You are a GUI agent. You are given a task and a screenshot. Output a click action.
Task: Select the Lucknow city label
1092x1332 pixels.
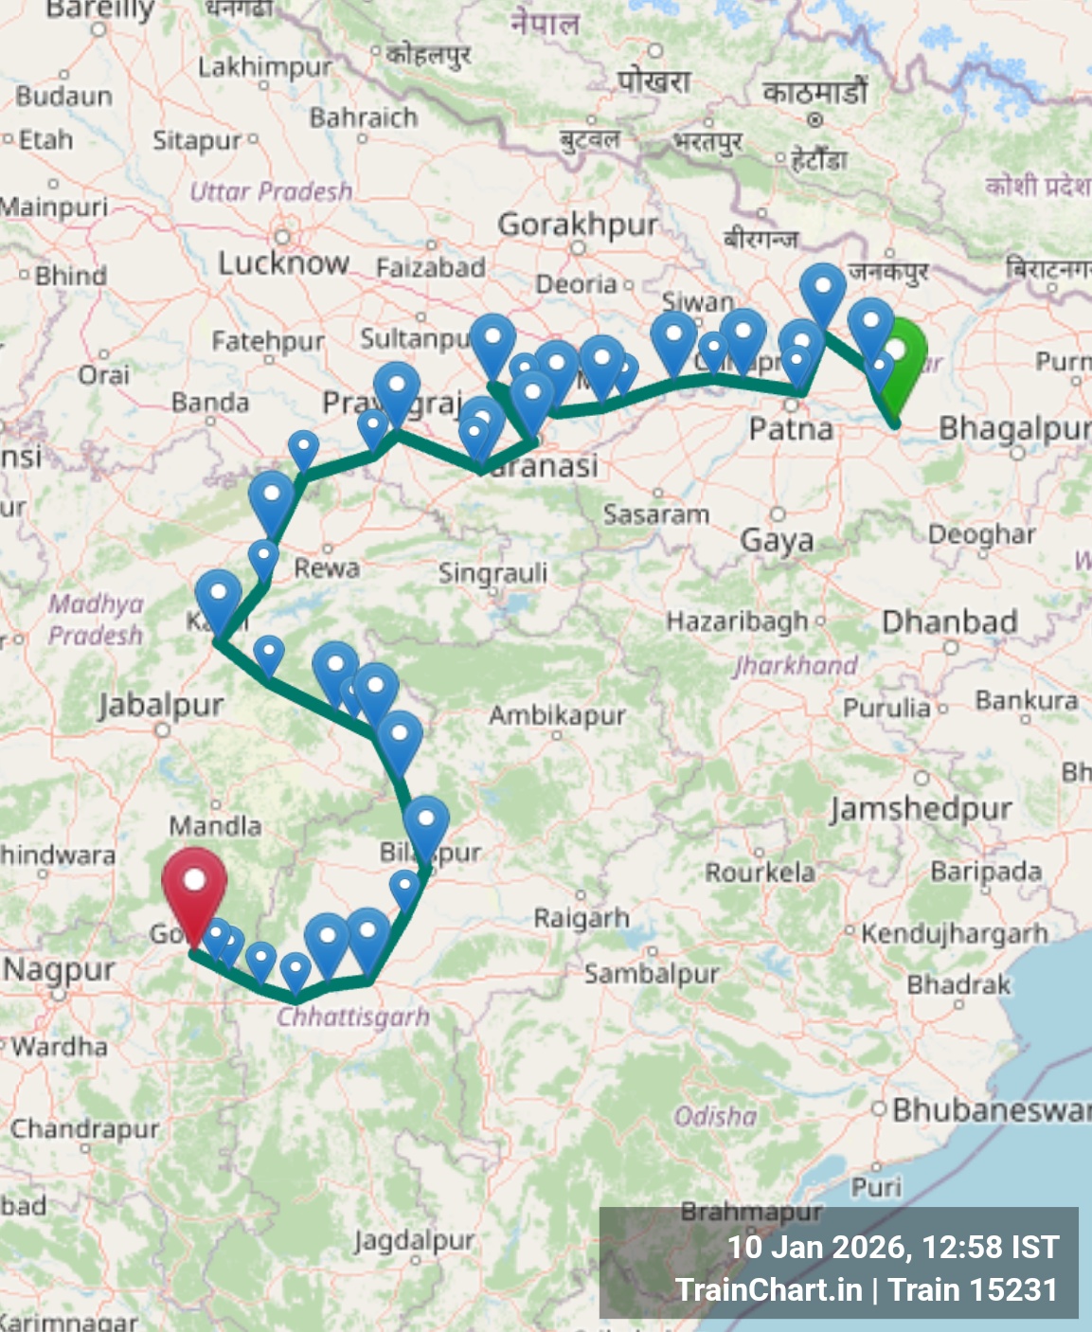tap(283, 262)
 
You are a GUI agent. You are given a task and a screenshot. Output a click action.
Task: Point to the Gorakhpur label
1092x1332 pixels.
tap(578, 225)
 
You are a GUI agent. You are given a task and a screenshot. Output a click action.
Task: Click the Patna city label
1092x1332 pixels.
tap(791, 429)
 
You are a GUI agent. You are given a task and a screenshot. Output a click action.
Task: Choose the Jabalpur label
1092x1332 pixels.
tap(161, 705)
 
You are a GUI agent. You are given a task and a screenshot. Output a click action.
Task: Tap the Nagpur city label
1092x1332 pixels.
tap(59, 970)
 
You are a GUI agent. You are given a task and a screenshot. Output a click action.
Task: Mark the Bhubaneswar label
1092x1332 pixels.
tap(991, 1109)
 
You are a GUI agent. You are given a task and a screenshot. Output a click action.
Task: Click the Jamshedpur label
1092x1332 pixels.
tap(921, 809)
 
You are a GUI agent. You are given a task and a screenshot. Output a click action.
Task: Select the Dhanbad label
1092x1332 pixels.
tap(949, 621)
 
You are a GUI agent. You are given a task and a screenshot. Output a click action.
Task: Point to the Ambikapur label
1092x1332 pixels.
tap(557, 715)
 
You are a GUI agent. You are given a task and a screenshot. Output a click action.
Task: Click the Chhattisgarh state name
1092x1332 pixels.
tap(352, 1017)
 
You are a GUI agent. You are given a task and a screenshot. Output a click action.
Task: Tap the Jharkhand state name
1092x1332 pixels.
tap(796, 665)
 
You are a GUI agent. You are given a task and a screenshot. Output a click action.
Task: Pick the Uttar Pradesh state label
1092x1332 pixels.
tap(271, 191)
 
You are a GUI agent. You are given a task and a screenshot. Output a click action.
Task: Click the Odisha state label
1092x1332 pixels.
tap(715, 1117)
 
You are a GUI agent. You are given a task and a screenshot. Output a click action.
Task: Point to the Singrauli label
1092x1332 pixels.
tap(492, 573)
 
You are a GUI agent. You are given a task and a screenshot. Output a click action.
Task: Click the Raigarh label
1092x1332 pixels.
tap(582, 917)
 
